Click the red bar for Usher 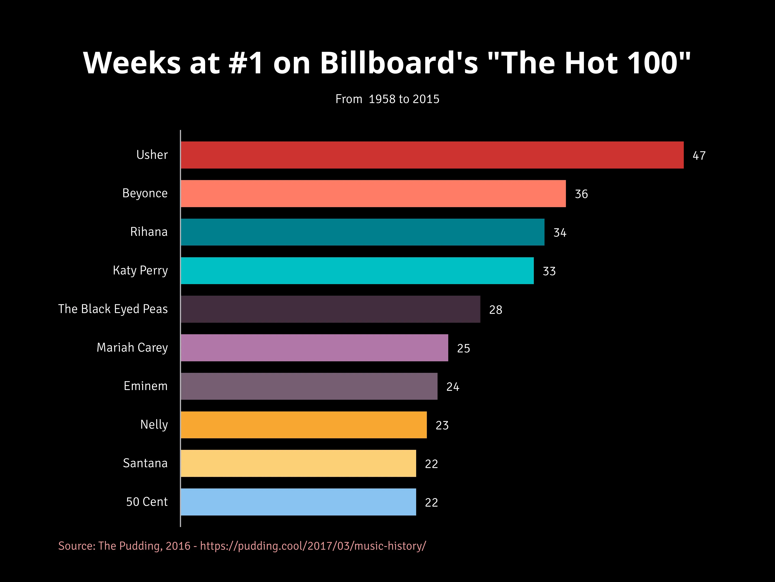432,155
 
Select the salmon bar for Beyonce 373,194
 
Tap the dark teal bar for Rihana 363,232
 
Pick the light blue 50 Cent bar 298,502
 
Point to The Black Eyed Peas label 113,309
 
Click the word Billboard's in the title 399,63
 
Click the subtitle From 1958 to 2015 387,99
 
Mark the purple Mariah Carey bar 314,348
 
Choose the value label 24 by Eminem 453,387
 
